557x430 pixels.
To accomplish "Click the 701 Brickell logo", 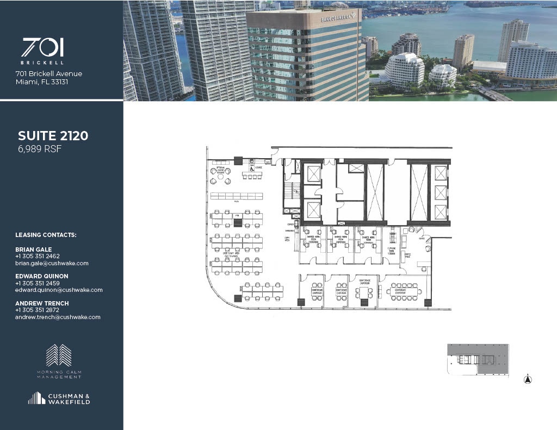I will pyautogui.click(x=42, y=51).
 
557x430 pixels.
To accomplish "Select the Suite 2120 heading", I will pyautogui.click(x=53, y=136).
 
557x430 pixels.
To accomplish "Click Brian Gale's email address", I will pyautogui.click(x=52, y=263).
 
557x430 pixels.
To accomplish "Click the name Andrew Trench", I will pyautogui.click(x=41, y=303).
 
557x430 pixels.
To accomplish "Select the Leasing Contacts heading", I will pyautogui.click(x=46, y=235).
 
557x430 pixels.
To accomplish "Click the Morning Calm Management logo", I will pyautogui.click(x=59, y=361).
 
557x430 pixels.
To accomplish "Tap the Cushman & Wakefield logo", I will pyautogui.click(x=59, y=398).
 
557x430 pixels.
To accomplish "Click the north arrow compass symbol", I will pyautogui.click(x=528, y=380).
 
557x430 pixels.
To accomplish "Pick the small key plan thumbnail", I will pyautogui.click(x=478, y=359).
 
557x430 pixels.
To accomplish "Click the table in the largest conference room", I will pyautogui.click(x=403, y=291).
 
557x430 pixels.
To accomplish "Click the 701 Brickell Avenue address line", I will pyautogui.click(x=49, y=74).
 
